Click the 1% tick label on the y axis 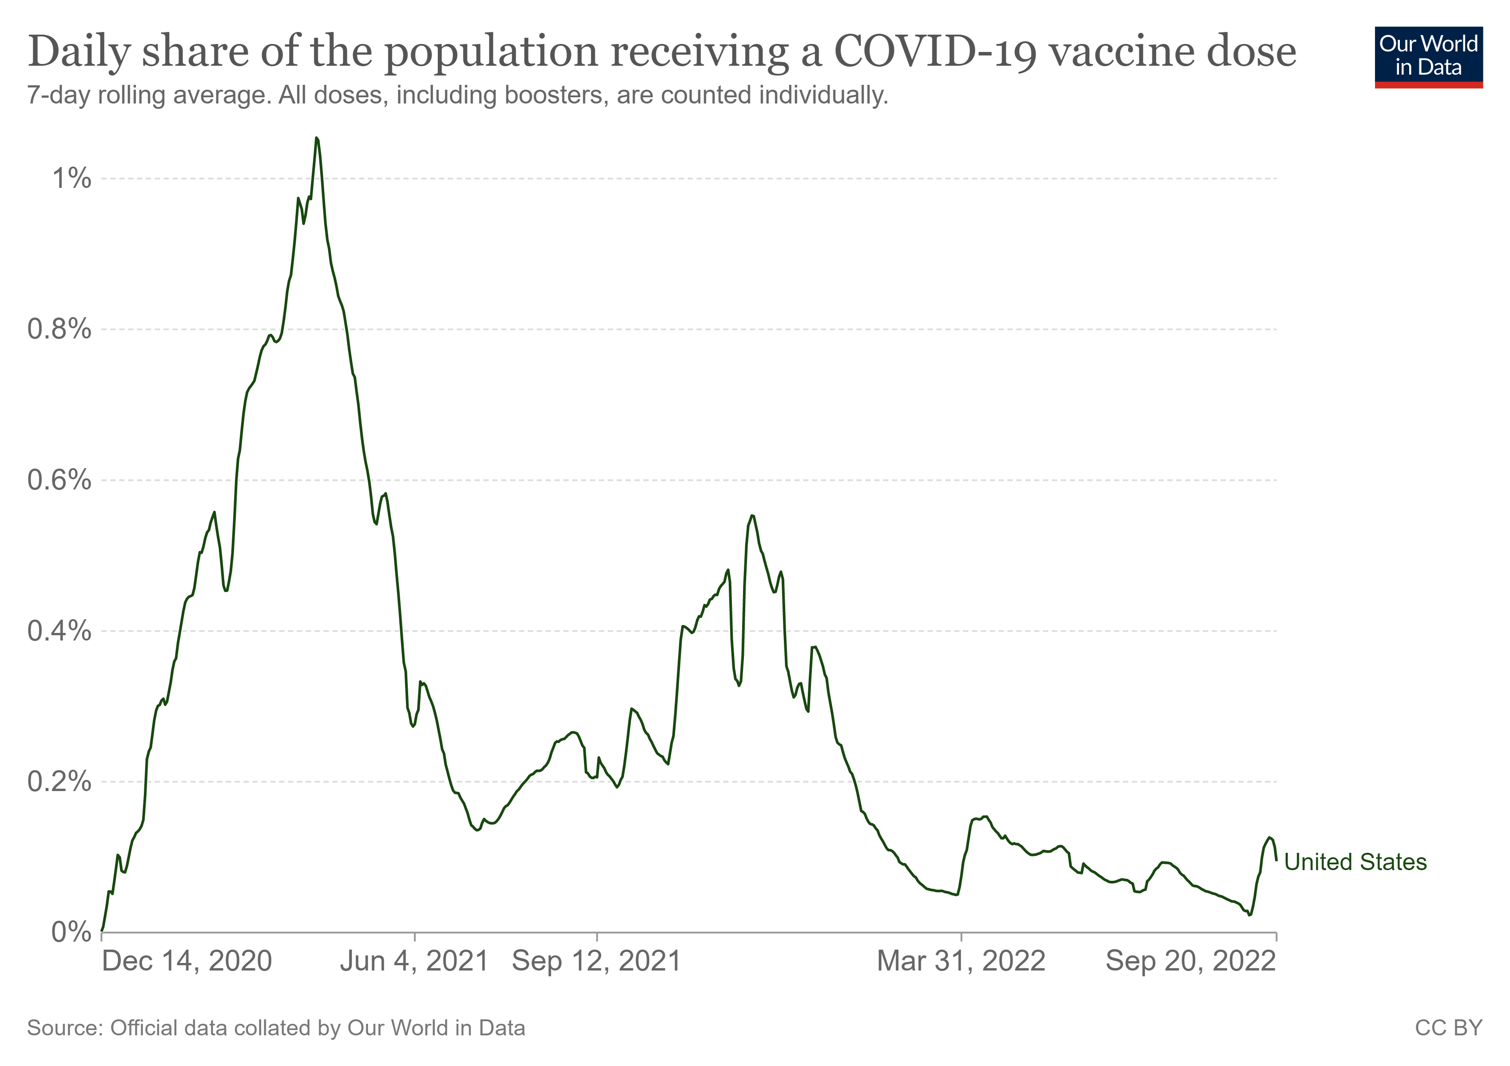(x=72, y=178)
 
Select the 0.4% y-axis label (x=59, y=631)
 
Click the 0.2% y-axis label (x=59, y=781)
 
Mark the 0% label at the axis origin (x=71, y=932)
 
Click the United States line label (x=1355, y=862)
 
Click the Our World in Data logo (x=1428, y=56)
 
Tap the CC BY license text (x=1448, y=1028)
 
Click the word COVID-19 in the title (x=936, y=51)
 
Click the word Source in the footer (x=64, y=1028)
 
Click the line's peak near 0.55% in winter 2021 (x=752, y=516)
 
